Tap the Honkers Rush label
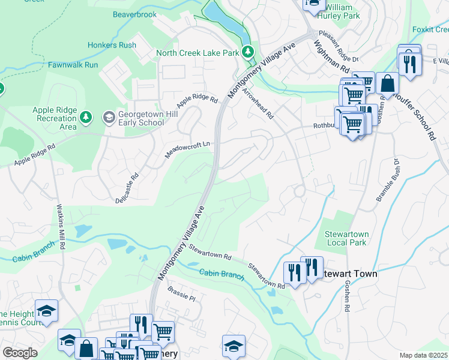point(112,45)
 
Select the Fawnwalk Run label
point(73,64)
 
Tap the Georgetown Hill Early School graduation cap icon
point(109,116)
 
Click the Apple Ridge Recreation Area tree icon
point(86,116)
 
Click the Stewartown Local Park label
point(346,238)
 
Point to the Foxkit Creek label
point(430,29)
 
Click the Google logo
point(20,353)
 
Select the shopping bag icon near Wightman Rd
point(388,84)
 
